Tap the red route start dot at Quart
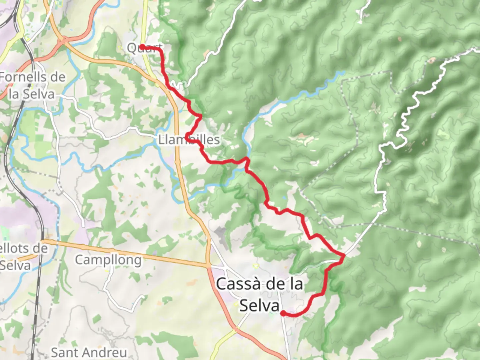point(142,47)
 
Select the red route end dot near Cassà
point(283,313)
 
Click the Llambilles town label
point(189,140)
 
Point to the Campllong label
point(108,260)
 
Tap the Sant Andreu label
point(89,352)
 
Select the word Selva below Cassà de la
point(259,306)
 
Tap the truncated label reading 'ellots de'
point(24,248)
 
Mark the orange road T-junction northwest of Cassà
point(209,266)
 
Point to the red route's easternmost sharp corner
point(344,256)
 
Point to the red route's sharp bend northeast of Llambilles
point(200,116)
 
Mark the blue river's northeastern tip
point(343,72)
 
